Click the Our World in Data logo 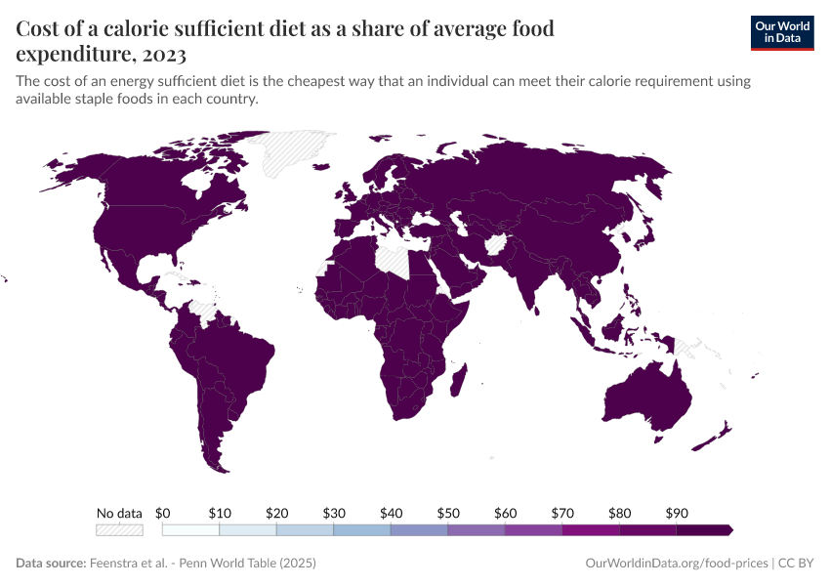pos(781,32)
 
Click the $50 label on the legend pos(448,513)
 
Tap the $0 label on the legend pos(163,513)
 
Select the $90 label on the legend pos(677,513)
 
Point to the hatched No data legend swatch pos(119,530)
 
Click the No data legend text pos(119,513)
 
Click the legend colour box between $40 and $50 pos(419,530)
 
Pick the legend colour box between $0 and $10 pos(190,530)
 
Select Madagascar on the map pos(457,376)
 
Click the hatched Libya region pos(396,259)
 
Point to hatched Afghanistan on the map pos(496,243)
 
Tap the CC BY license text pos(796,564)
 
